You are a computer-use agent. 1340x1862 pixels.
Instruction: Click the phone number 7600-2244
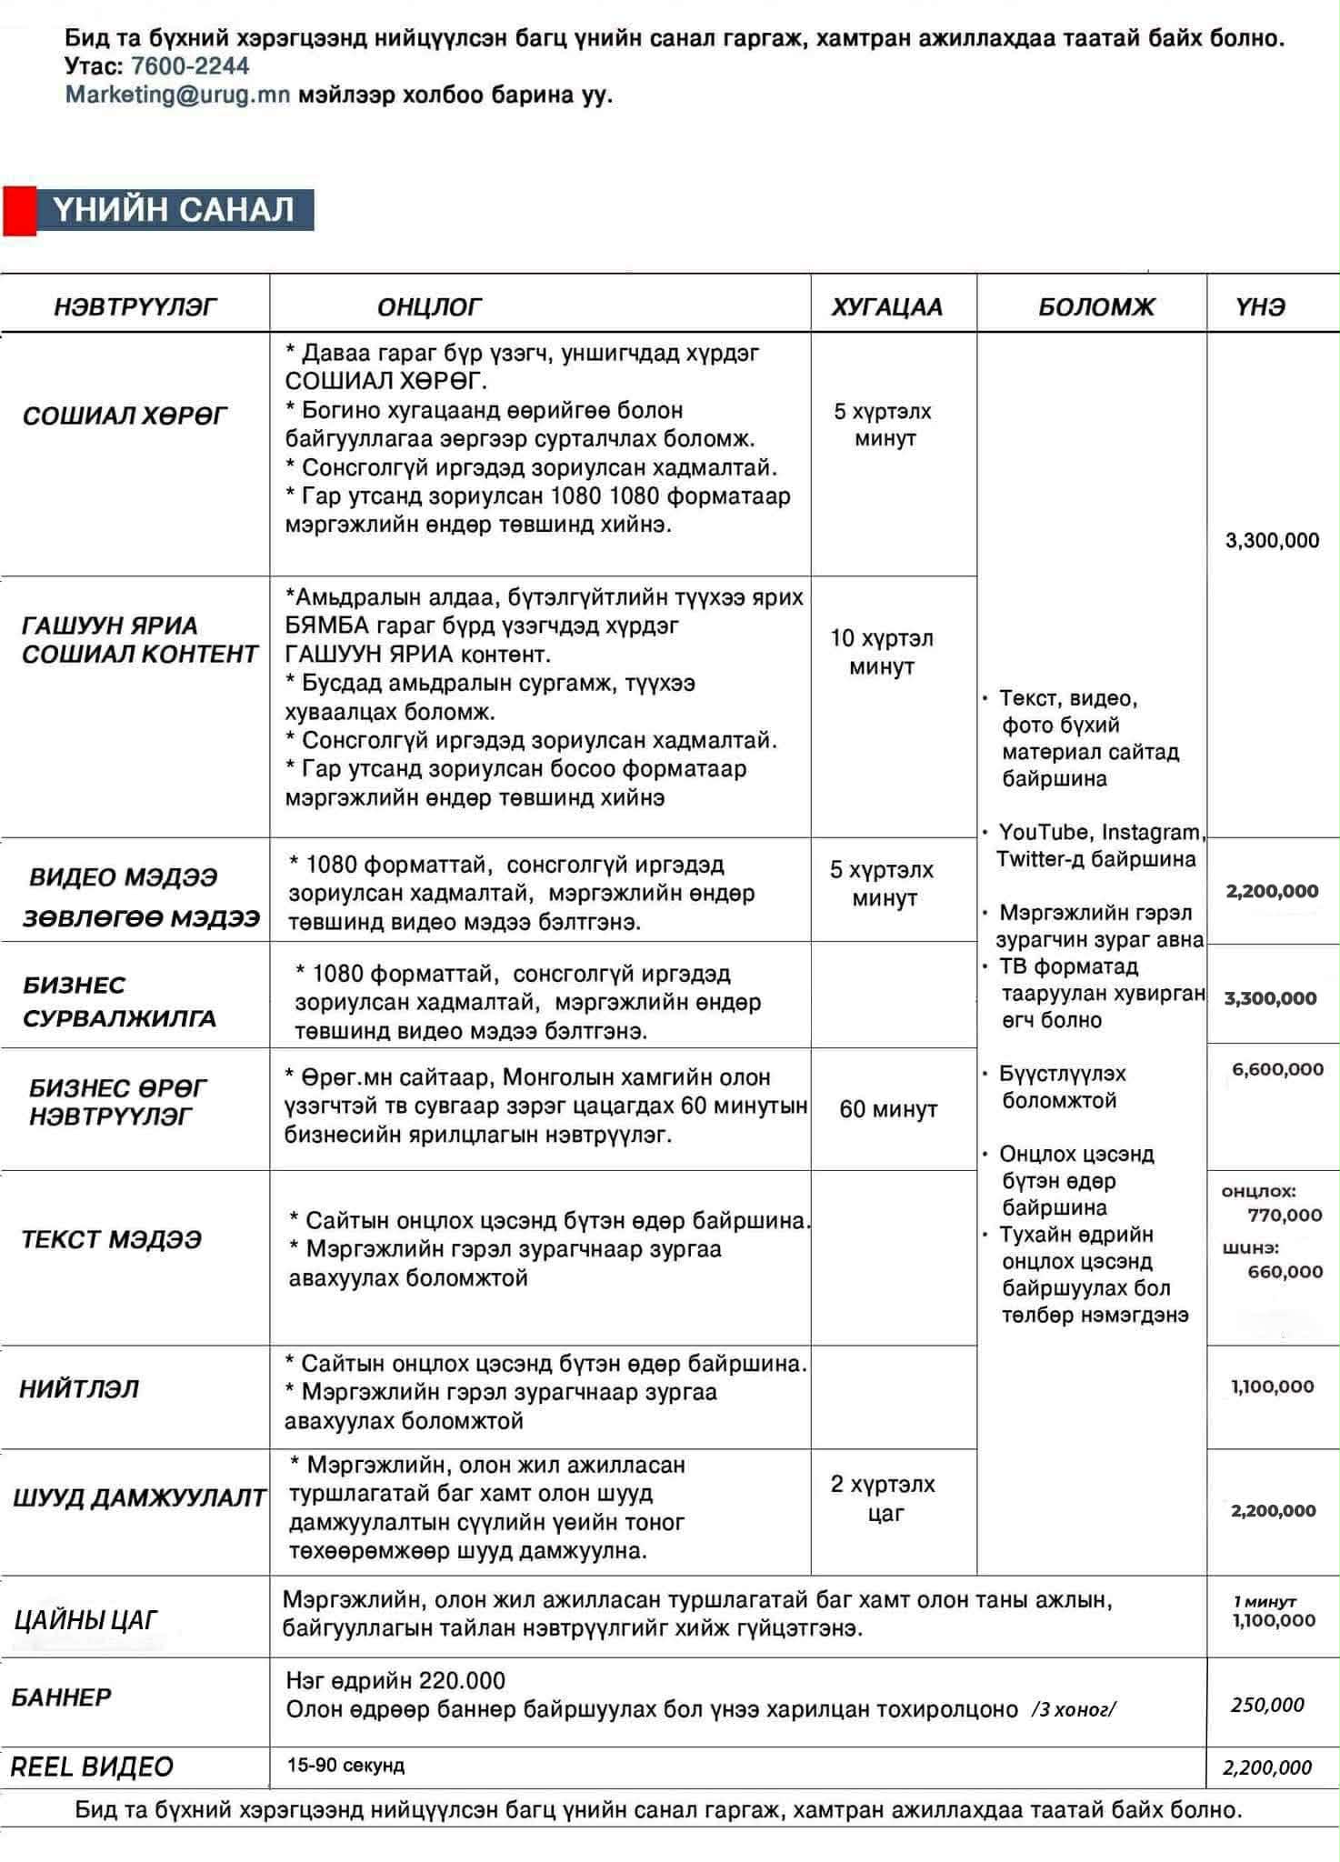189,66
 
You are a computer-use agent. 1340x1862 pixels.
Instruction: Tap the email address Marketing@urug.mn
177,95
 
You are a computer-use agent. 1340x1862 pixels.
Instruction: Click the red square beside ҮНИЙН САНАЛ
19,210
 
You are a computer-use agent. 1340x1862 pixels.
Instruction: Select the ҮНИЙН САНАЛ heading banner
175,210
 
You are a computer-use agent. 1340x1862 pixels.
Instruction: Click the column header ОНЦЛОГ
429,307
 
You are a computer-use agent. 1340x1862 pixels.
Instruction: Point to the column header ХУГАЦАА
886,307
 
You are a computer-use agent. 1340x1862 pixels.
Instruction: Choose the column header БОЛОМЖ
1095,307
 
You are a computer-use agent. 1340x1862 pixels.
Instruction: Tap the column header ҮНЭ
1260,307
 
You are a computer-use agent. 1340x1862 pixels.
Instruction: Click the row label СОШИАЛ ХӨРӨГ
125,416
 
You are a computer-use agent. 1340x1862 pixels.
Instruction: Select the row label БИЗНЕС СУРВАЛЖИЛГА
119,1001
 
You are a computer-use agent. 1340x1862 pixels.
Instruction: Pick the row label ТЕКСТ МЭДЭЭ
111,1239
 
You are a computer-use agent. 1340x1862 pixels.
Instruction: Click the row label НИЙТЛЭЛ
79,1389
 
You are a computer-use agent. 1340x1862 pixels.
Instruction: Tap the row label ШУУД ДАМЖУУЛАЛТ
139,1497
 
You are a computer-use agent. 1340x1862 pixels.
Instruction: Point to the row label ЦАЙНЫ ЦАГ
85,1619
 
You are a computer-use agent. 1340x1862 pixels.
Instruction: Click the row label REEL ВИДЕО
92,1767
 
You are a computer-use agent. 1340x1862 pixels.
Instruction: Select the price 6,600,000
1277,1069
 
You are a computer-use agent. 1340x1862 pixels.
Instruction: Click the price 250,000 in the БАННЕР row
1267,1705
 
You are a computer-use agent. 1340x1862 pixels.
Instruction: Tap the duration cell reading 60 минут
887,1109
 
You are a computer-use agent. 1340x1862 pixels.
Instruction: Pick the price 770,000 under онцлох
1285,1216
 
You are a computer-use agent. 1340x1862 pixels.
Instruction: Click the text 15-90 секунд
345,1766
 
